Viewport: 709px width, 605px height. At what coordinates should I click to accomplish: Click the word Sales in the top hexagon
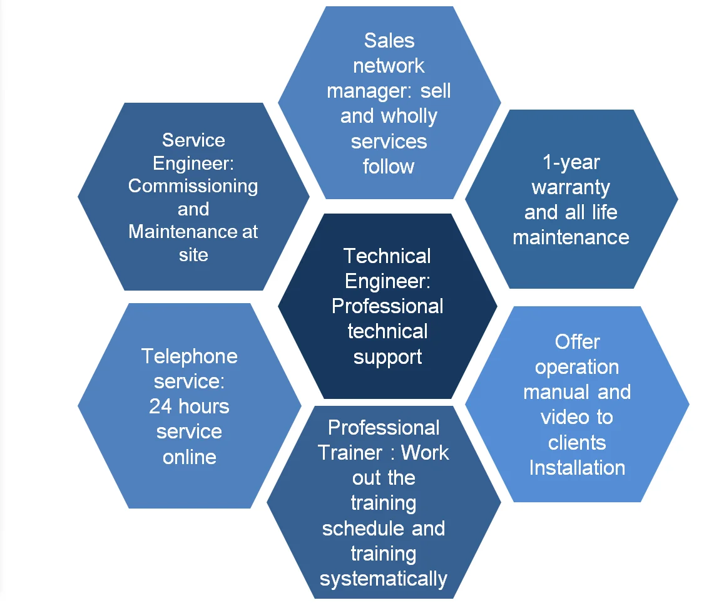click(389, 41)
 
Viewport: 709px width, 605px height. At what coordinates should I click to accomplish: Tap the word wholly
click(409, 116)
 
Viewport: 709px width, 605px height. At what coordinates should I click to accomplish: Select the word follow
click(389, 167)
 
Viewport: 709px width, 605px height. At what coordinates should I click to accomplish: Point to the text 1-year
click(571, 162)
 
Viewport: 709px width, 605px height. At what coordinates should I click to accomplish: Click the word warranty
click(571, 187)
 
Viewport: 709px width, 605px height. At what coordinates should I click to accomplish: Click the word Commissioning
click(193, 186)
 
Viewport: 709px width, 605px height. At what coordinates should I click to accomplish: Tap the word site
click(193, 254)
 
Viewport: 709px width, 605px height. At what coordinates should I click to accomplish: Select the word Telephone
click(189, 356)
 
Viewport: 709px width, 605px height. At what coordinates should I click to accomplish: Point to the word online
click(189, 457)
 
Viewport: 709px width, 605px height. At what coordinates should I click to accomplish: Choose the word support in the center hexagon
click(388, 357)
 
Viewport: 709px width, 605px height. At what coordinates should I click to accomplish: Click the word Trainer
click(350, 453)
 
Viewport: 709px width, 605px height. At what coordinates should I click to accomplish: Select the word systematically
click(384, 579)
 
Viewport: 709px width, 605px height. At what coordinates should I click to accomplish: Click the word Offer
click(577, 342)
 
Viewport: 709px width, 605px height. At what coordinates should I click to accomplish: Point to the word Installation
click(577, 468)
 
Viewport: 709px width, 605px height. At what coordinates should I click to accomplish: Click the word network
click(389, 66)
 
